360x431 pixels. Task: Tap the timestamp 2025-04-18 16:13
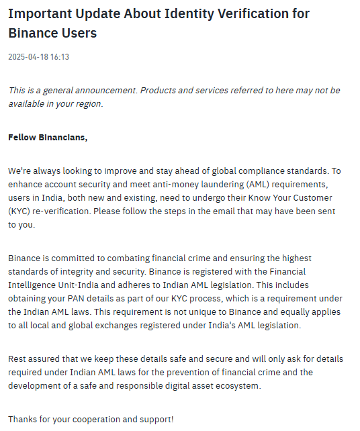click(38, 57)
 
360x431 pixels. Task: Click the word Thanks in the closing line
click(22, 420)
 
